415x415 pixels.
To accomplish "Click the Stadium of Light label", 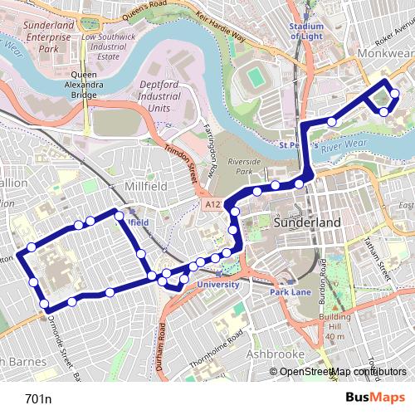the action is pyautogui.click(x=306, y=31).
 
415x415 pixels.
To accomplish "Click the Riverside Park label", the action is pyautogui.click(x=243, y=167).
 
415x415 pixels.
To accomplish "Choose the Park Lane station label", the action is pyautogui.click(x=290, y=293).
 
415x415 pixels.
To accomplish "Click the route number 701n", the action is pyautogui.click(x=38, y=398).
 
